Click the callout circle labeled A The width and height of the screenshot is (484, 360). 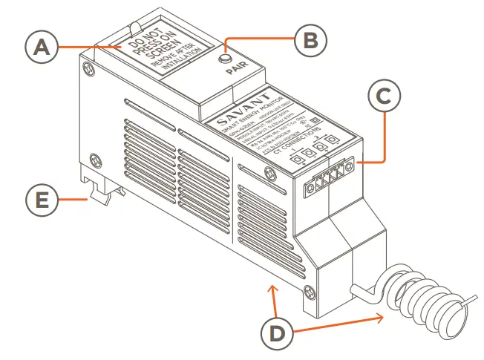pos(42,48)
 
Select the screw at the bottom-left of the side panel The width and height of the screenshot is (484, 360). pos(94,159)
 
